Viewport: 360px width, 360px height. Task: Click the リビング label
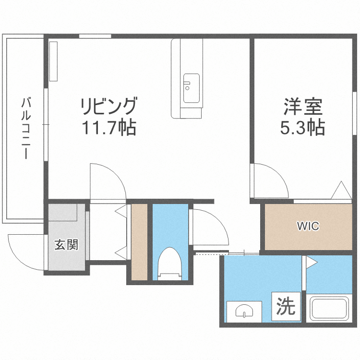(x=109, y=105)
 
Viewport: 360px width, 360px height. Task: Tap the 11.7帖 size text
(x=109, y=128)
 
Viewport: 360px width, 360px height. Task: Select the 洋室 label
(x=302, y=106)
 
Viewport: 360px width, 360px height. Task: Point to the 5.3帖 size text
(x=302, y=128)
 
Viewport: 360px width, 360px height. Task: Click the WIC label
(x=308, y=226)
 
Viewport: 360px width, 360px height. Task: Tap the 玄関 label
(x=66, y=245)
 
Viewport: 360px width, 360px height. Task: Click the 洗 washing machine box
(x=286, y=306)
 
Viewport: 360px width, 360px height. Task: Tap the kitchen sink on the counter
(x=192, y=88)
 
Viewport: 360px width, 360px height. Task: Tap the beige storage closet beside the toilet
(x=139, y=242)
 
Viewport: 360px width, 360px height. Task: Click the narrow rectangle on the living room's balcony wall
(x=53, y=61)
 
